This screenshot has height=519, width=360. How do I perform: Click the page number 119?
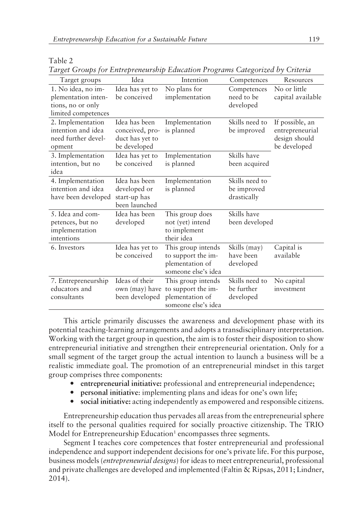point(314,39)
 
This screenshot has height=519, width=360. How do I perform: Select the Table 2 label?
point(61,61)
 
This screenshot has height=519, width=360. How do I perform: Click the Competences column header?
point(248,80)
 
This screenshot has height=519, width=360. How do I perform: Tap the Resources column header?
point(298,80)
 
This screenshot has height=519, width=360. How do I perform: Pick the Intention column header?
point(194,80)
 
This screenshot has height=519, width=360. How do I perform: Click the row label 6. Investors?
point(67,247)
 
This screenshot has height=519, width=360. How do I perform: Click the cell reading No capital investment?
point(290,285)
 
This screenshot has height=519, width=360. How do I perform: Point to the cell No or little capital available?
point(298,93)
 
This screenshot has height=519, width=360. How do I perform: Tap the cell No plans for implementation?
point(188,93)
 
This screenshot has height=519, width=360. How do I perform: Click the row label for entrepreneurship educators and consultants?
point(79,289)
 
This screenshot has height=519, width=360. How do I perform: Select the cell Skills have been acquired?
point(249,160)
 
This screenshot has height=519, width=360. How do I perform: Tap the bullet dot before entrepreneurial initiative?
point(72,384)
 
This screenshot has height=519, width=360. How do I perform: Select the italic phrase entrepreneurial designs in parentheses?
point(140,461)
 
